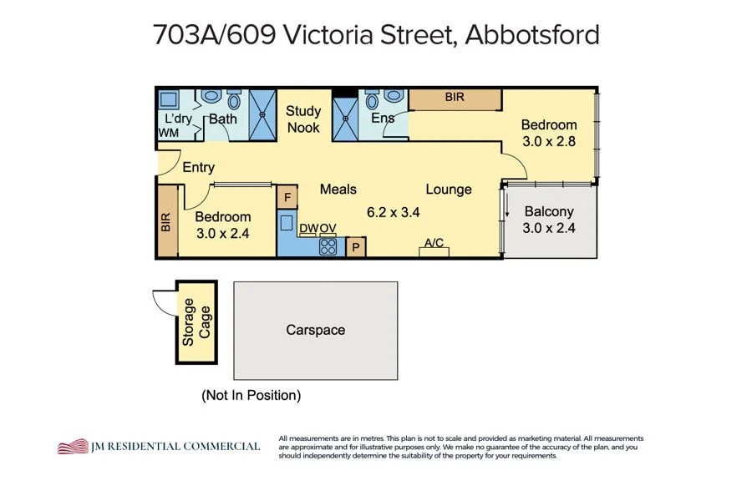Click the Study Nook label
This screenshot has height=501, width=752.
tap(303, 119)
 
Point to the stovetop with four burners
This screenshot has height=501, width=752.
tap(328, 246)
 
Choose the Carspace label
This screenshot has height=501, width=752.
tap(315, 330)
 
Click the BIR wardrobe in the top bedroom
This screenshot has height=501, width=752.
tap(455, 99)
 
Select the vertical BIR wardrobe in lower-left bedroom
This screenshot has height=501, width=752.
tap(165, 222)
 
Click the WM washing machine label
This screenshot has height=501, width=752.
tap(168, 133)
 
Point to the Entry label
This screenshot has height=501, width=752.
tap(198, 168)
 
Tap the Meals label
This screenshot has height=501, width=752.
tap(338, 190)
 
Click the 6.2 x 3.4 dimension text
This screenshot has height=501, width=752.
tap(393, 212)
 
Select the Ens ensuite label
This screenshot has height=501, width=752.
tap(383, 119)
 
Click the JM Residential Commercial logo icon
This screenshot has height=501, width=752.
tap(73, 447)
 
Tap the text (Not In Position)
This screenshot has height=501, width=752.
tap(251, 395)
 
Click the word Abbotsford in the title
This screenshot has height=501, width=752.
tap(532, 35)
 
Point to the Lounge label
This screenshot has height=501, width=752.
tap(449, 190)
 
